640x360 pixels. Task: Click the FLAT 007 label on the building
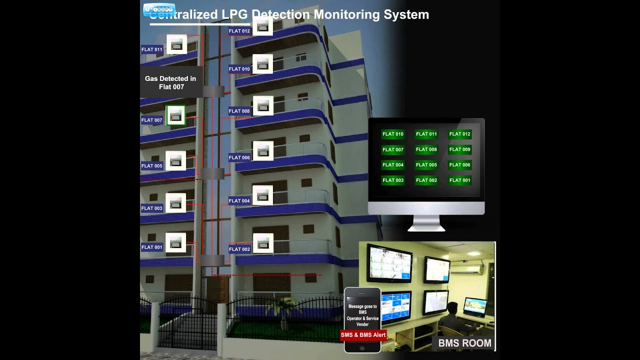click(x=152, y=120)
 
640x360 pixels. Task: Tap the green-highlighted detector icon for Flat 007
click(x=175, y=115)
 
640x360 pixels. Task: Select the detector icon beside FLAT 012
click(x=262, y=26)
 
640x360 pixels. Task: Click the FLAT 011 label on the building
click(x=152, y=49)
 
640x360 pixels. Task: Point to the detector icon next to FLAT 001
click(x=175, y=243)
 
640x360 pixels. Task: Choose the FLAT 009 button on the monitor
click(x=459, y=149)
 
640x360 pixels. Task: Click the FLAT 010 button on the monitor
click(x=392, y=134)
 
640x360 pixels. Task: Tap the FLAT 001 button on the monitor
click(x=459, y=180)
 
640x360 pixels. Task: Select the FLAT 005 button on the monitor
click(x=426, y=165)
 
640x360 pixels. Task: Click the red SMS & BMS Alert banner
click(x=363, y=334)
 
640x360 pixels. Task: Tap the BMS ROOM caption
click(x=464, y=343)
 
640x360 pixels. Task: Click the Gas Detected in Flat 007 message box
click(x=171, y=82)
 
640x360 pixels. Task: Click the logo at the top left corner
click(x=159, y=10)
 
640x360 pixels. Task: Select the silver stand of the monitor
click(x=426, y=223)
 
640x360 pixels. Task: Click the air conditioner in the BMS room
click(x=467, y=269)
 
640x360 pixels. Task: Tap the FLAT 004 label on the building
click(x=239, y=201)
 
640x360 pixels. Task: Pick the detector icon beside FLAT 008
click(x=263, y=105)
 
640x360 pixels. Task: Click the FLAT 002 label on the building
click(x=239, y=249)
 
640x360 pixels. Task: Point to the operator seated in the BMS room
click(x=452, y=317)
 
